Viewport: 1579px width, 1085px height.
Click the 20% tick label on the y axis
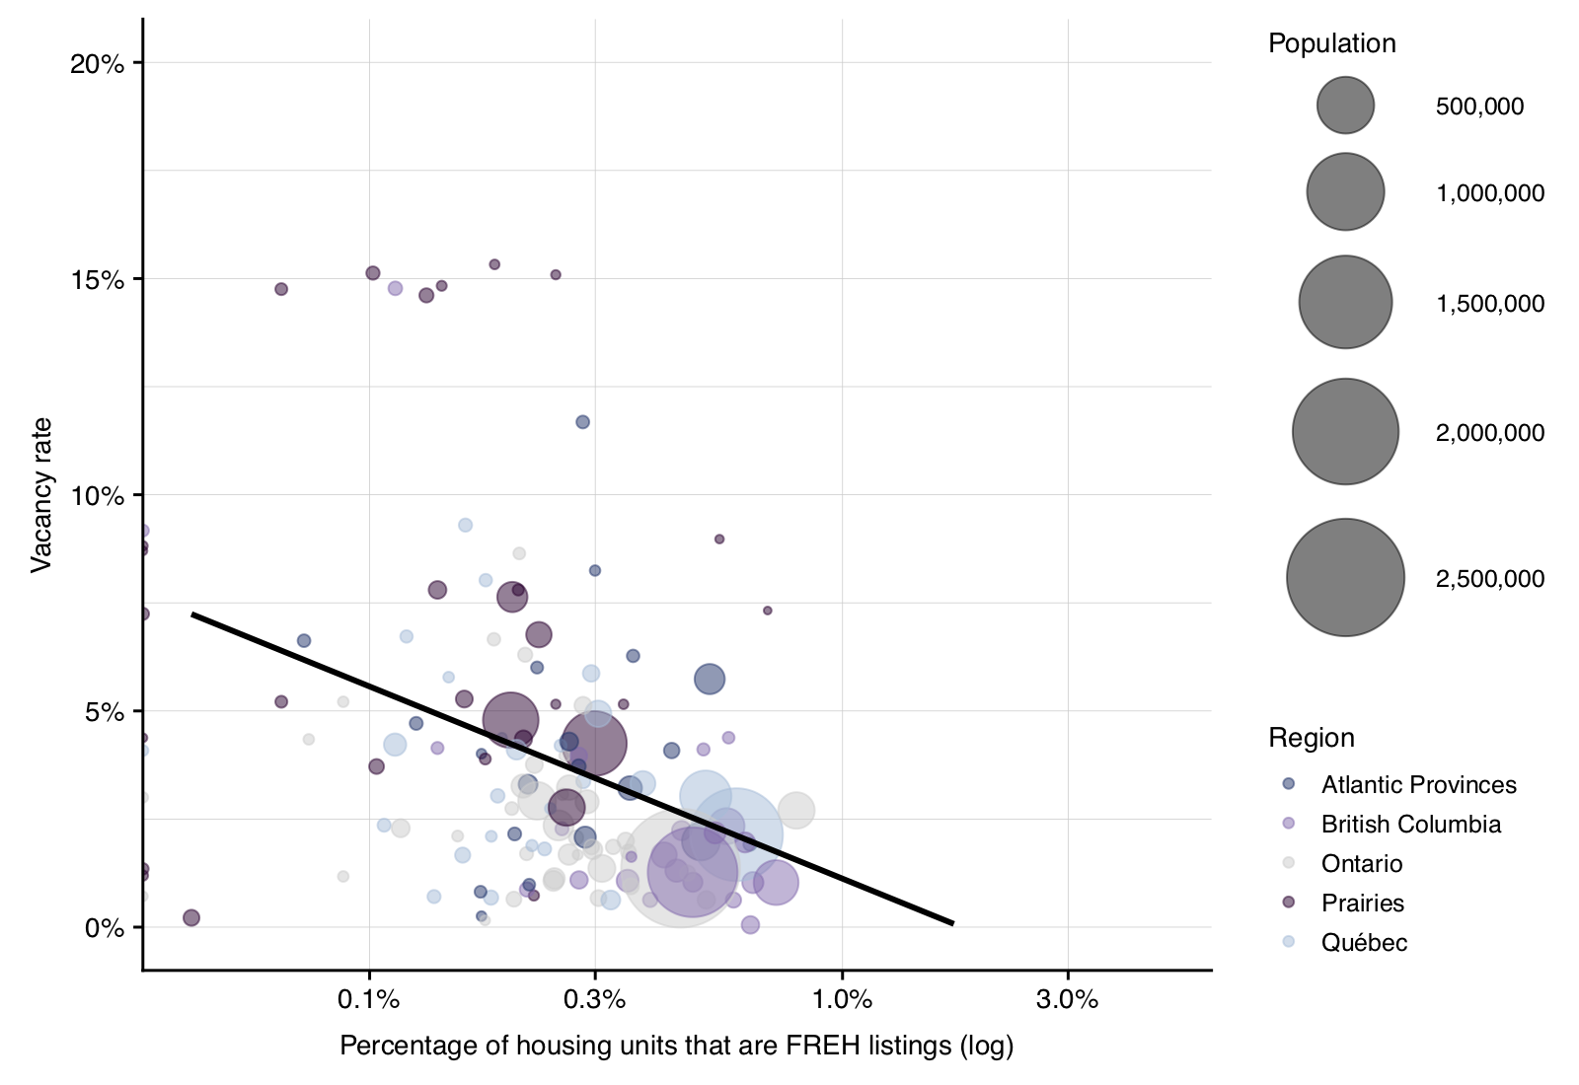[x=97, y=64]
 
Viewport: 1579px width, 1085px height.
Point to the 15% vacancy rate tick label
[x=97, y=280]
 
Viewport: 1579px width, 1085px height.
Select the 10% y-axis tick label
[x=97, y=496]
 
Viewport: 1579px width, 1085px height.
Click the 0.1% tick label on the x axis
[x=368, y=1000]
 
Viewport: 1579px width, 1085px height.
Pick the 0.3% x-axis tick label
[x=594, y=1000]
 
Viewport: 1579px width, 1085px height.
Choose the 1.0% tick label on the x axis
[x=842, y=1000]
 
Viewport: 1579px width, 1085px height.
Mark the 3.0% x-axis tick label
[x=1067, y=1000]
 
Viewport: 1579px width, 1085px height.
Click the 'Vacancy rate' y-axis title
[x=40, y=495]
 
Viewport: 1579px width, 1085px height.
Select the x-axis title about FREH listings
[x=676, y=1046]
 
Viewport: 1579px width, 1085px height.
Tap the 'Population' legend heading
[x=1331, y=43]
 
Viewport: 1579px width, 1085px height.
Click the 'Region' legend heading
[x=1311, y=738]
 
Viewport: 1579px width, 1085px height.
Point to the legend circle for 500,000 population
[x=1345, y=106]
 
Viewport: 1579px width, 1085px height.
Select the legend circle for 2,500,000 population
[x=1345, y=578]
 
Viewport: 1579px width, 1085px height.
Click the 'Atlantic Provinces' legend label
[x=1418, y=785]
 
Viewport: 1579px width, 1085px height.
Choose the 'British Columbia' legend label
[x=1410, y=825]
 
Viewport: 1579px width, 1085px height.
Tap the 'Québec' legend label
[x=1364, y=943]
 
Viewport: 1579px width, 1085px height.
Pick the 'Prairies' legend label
[x=1362, y=904]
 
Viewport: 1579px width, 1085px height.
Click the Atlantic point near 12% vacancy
[x=582, y=422]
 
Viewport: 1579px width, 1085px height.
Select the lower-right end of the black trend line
[x=952, y=923]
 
